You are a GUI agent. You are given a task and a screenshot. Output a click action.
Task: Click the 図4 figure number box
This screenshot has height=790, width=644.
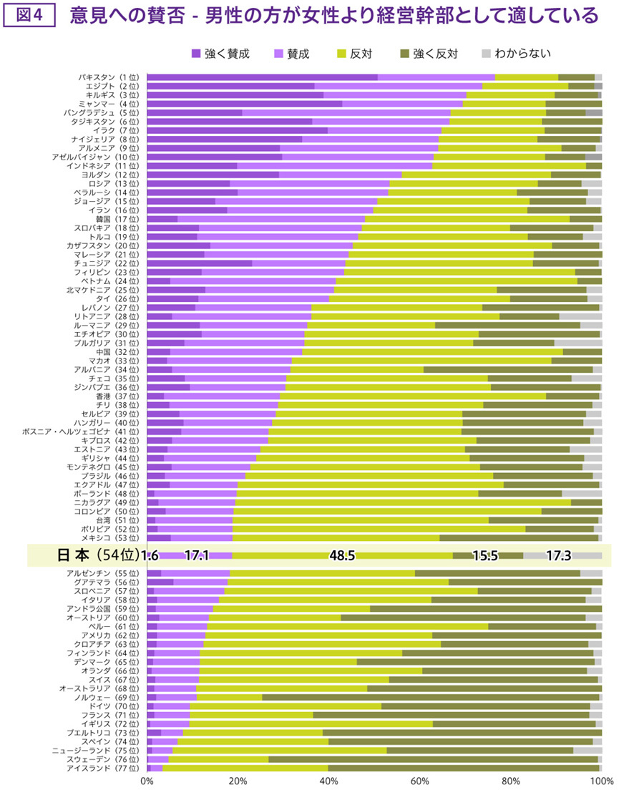30,15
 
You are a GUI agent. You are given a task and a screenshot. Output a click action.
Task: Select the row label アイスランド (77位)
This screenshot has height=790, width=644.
104,769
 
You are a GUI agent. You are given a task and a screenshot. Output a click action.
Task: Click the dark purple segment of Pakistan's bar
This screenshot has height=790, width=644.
262,77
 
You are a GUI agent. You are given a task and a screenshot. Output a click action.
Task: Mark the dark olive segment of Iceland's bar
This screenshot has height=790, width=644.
464,769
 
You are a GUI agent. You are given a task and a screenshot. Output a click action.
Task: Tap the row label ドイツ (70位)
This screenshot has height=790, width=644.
115,706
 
